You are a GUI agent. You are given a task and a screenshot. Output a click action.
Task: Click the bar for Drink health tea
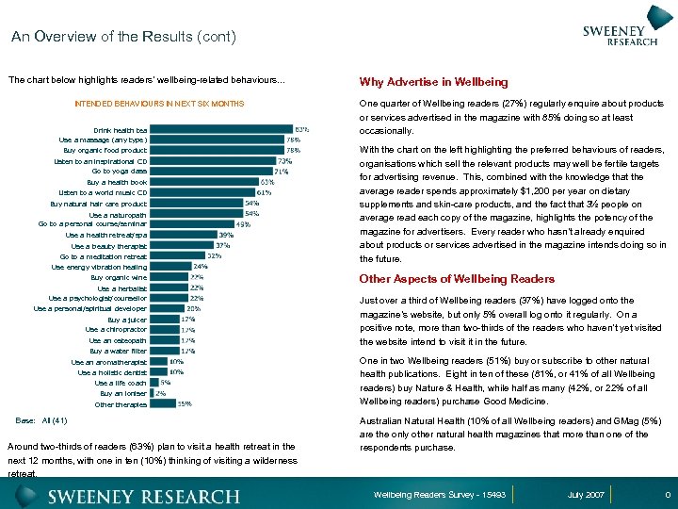click(x=220, y=129)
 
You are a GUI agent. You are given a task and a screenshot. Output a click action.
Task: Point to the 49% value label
click(x=243, y=223)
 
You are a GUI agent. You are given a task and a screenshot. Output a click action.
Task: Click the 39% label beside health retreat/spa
click(x=226, y=235)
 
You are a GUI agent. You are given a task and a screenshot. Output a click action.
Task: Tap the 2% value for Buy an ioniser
click(x=161, y=393)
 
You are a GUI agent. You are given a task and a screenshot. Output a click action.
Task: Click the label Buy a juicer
click(x=127, y=320)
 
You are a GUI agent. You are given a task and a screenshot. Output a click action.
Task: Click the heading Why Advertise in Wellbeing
click(x=433, y=83)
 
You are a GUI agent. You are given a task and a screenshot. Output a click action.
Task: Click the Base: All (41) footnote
click(x=42, y=419)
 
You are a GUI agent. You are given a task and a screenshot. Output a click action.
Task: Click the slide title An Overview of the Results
click(x=122, y=38)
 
